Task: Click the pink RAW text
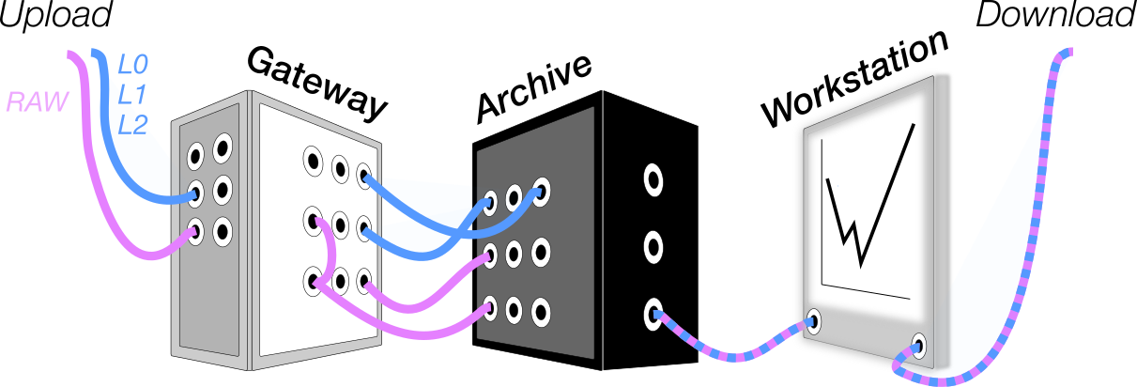(x=38, y=101)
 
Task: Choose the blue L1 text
(x=131, y=95)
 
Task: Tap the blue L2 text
(x=132, y=123)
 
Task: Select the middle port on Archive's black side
(x=652, y=247)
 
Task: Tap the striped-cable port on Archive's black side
(x=652, y=314)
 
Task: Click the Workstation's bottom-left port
(x=813, y=322)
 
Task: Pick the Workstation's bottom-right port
(x=919, y=345)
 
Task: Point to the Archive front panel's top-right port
(x=540, y=191)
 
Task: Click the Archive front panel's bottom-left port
(x=489, y=306)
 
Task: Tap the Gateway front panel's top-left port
(x=312, y=160)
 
